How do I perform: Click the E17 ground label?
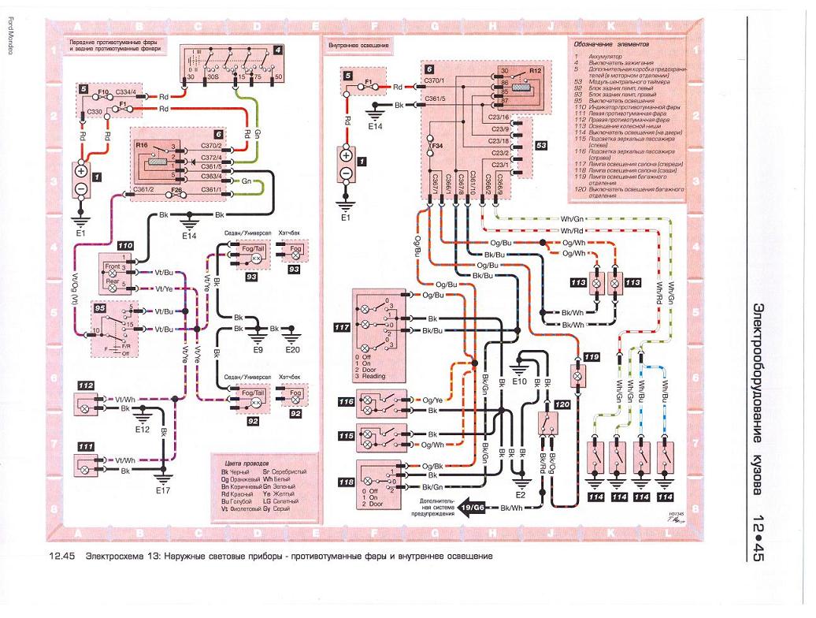[162, 491]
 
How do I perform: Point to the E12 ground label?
[143, 430]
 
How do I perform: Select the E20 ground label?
[293, 350]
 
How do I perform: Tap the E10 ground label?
[518, 382]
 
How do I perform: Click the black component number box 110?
[125, 247]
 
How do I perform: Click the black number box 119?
[592, 356]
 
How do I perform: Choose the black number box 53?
[541, 146]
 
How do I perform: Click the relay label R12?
[536, 71]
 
